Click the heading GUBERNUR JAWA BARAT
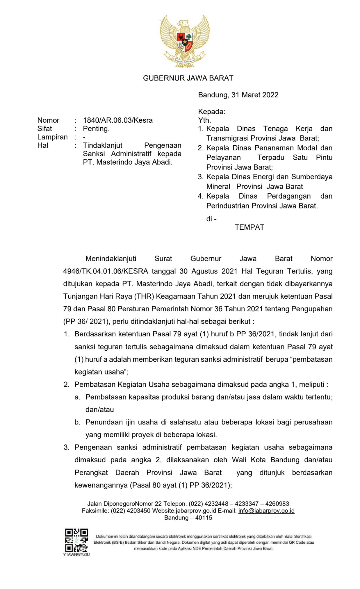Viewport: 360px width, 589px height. coord(188,78)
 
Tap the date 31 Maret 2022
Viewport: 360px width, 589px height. coord(255,95)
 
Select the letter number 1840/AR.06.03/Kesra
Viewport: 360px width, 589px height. coord(118,120)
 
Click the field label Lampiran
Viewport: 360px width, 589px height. coord(52,137)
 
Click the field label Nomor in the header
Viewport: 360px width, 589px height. coord(48,120)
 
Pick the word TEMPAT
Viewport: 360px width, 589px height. coord(249,227)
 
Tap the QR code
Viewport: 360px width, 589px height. coord(76,540)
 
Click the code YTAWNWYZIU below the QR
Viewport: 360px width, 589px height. coord(76,554)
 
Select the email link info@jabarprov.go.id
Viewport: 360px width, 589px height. coord(266,511)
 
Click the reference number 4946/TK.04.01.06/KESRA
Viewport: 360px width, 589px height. coord(106,272)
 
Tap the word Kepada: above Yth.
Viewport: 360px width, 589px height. coord(212,112)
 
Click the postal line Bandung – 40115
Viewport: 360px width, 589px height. coord(188,518)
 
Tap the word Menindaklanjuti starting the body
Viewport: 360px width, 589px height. coord(111,259)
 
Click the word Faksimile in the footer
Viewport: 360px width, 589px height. coord(95,511)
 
